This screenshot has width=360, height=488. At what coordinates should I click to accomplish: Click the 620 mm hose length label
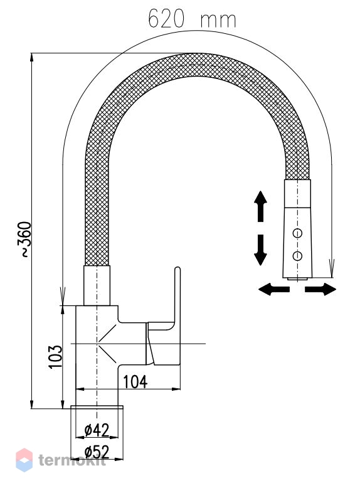click(x=192, y=19)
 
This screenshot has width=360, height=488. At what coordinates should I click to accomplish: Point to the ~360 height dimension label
click(x=26, y=240)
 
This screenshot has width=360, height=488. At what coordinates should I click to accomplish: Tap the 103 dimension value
click(x=56, y=357)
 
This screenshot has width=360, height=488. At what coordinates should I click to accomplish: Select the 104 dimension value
click(x=135, y=382)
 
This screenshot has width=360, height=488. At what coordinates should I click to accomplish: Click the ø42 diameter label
click(x=97, y=430)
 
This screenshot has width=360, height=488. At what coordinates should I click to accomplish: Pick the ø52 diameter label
click(x=97, y=452)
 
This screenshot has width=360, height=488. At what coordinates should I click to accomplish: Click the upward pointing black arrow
click(x=260, y=206)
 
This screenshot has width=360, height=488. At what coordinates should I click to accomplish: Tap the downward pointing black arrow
click(x=260, y=250)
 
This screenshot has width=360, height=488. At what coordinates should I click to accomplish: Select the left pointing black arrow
click(x=274, y=289)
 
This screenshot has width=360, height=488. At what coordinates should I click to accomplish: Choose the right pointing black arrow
click(x=320, y=289)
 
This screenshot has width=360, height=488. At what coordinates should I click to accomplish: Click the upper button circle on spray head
click(x=297, y=233)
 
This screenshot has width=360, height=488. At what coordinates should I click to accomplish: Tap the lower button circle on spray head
click(x=297, y=256)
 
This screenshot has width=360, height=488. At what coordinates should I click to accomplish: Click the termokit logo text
click(x=72, y=460)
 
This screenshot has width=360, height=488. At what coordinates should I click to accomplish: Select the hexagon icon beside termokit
click(x=24, y=460)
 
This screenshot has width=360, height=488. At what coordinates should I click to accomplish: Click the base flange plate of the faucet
click(x=97, y=407)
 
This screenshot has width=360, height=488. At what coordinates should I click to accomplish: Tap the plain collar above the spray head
click(x=298, y=193)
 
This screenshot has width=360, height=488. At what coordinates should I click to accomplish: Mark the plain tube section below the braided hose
click(x=97, y=285)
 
